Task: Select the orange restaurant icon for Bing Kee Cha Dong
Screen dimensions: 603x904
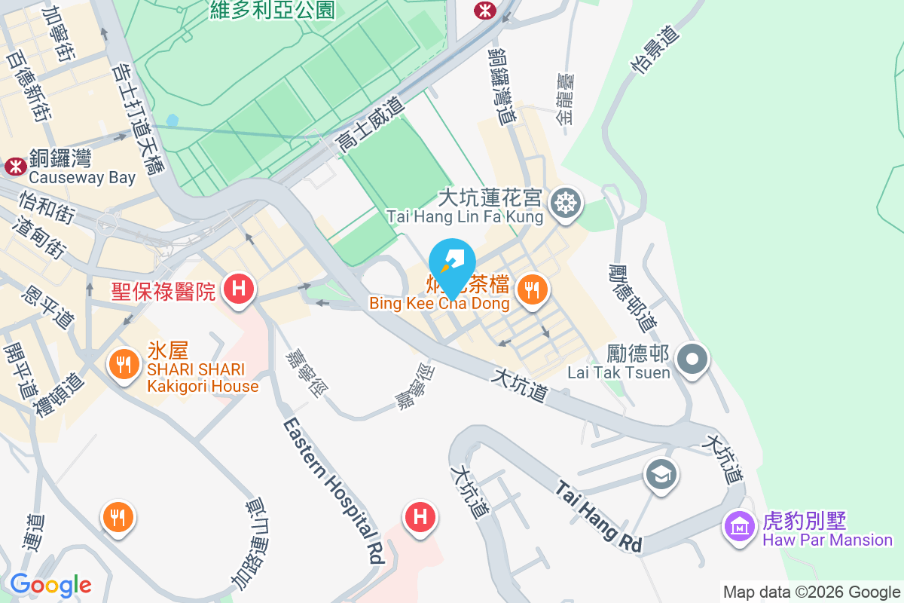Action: [533, 289]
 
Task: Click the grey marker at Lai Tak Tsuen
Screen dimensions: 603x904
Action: [693, 358]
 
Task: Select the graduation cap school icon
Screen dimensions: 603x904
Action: [661, 475]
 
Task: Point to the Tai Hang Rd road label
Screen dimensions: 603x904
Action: [600, 517]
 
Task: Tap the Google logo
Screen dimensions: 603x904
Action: [50, 585]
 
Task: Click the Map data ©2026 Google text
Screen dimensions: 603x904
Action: [811, 592]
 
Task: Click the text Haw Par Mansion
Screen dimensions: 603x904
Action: [827, 540]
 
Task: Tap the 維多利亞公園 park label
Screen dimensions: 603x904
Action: [273, 10]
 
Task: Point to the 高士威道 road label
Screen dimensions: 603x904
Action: [372, 121]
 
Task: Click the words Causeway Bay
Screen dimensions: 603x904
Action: [82, 178]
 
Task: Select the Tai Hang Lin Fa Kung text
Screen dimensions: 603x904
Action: [465, 217]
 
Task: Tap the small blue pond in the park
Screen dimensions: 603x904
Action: [173, 120]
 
